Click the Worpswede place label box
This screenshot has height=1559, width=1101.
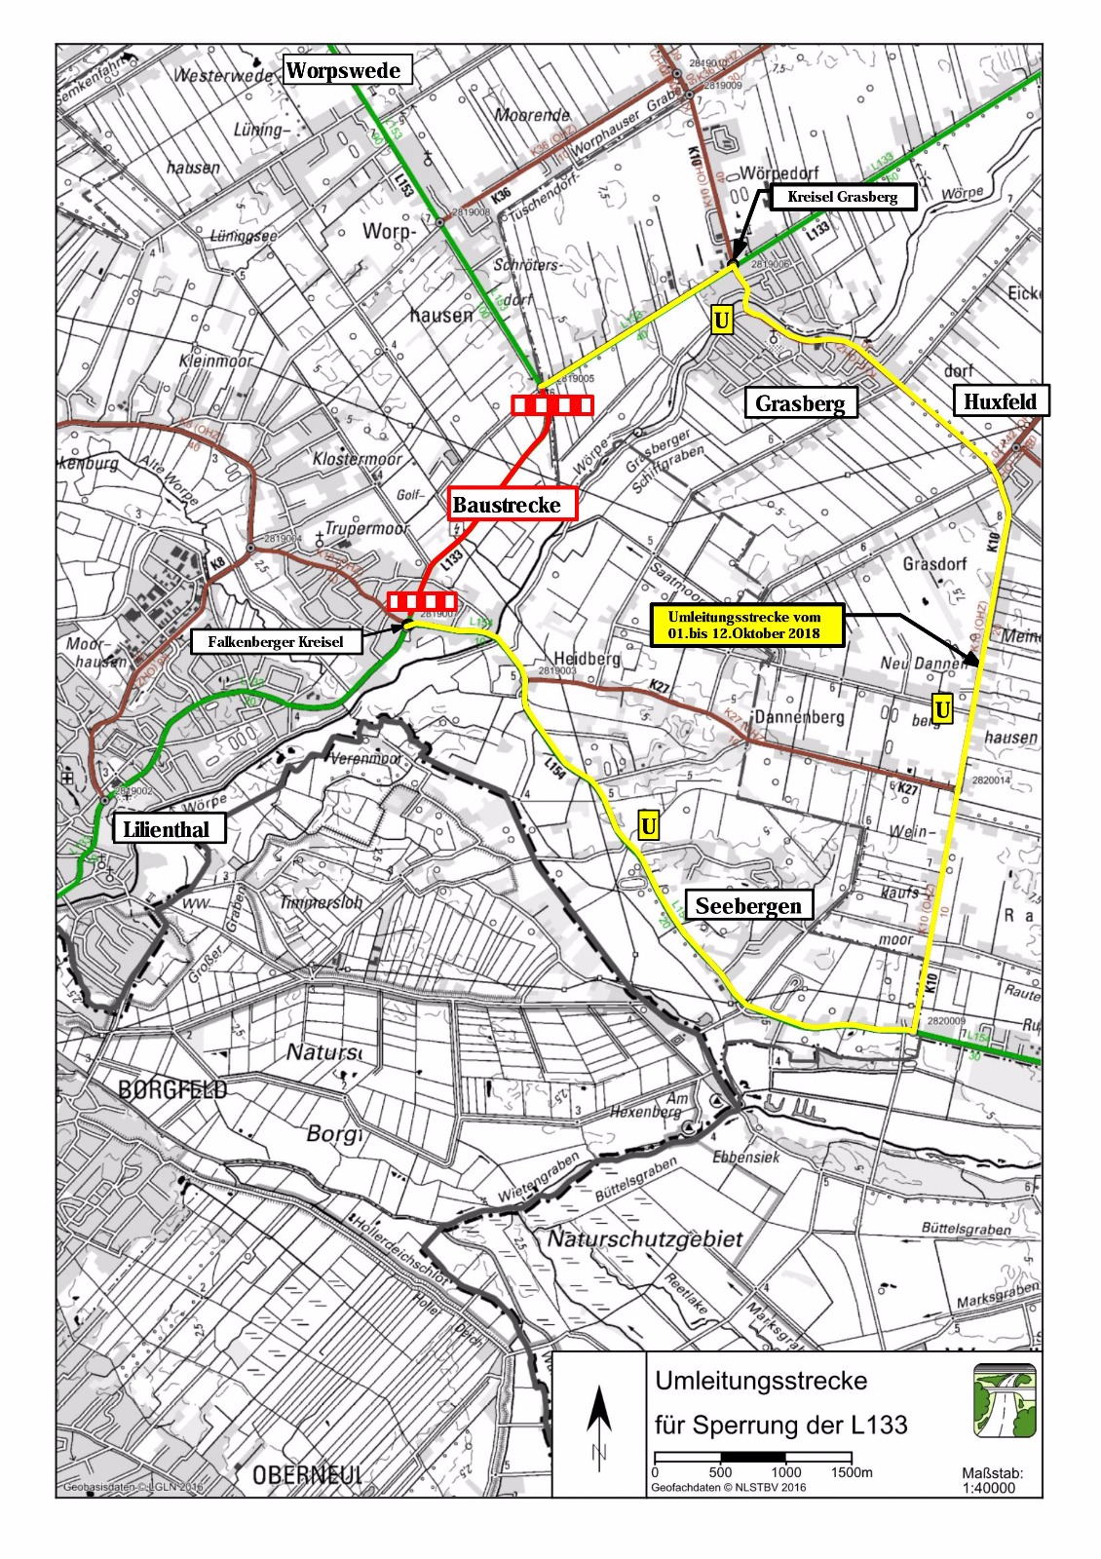coord(343,70)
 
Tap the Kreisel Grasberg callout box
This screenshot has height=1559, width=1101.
coord(843,197)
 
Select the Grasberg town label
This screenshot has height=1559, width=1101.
coord(800,403)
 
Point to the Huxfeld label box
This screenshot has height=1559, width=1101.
coord(1000,401)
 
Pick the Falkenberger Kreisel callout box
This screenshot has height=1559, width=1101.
coord(276,642)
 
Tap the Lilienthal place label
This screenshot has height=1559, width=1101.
coord(168,830)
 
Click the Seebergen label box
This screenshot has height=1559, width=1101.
coord(748,906)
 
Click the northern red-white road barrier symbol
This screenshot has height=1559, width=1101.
coord(552,405)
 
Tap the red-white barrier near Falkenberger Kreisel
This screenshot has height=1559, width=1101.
coord(422,601)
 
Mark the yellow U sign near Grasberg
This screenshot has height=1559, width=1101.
coord(721,321)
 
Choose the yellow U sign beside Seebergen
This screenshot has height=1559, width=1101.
coord(648,826)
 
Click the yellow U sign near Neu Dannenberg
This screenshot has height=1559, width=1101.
coord(941,709)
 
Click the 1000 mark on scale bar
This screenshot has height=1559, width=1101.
coord(785,1472)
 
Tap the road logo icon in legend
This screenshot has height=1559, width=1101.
coord(1004,1400)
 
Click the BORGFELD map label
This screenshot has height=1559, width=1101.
coord(172,1089)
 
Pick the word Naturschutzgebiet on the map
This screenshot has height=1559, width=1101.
coord(644,1239)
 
